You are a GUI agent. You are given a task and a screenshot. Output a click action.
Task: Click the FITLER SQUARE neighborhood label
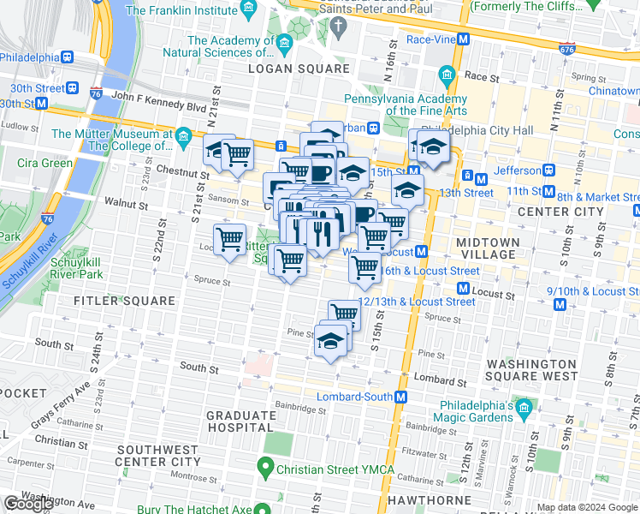click(x=112, y=301)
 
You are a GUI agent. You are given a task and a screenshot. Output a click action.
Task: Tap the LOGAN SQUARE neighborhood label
click(x=299, y=69)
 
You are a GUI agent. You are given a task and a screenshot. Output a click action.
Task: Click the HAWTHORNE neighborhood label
click(x=429, y=499)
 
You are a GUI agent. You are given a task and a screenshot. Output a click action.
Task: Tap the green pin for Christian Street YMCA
click(x=266, y=469)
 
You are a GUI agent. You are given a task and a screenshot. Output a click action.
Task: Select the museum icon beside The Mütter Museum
click(x=183, y=135)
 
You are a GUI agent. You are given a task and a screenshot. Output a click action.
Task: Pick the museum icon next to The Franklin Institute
click(x=249, y=9)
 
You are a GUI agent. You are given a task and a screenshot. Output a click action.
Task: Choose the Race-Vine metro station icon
click(x=463, y=39)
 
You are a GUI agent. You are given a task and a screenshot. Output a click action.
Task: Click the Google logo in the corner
click(x=28, y=504)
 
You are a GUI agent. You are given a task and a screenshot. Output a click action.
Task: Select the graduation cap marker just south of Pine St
click(x=331, y=344)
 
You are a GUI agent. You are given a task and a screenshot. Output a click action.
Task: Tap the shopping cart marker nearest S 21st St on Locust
click(x=229, y=241)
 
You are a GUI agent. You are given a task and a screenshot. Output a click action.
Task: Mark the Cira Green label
click(x=44, y=163)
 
